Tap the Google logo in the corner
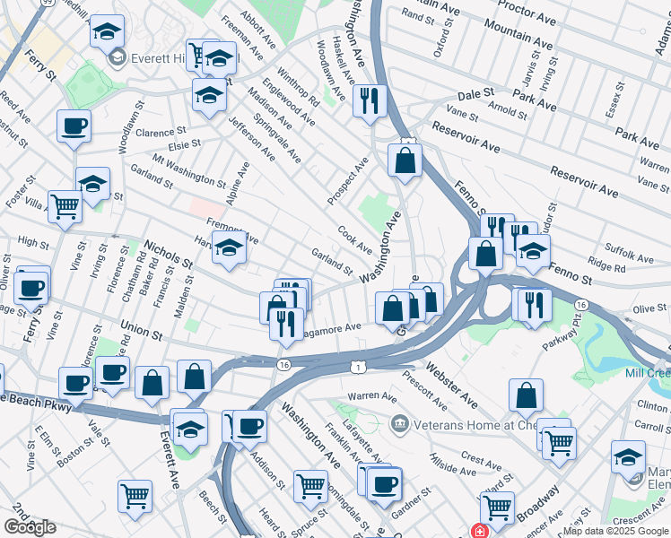pyautogui.click(x=30, y=527)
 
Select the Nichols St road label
pyautogui.click(x=168, y=255)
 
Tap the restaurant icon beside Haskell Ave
pyautogui.click(x=369, y=101)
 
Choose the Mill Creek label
pyautogui.click(x=650, y=372)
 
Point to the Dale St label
pyautogui.click(x=476, y=93)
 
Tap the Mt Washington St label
pyautogui.click(x=189, y=169)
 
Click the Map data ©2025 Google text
pyautogui.click(x=616, y=531)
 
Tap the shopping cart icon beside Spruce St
pyautogui.click(x=310, y=486)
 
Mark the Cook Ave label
pyautogui.click(x=354, y=239)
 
